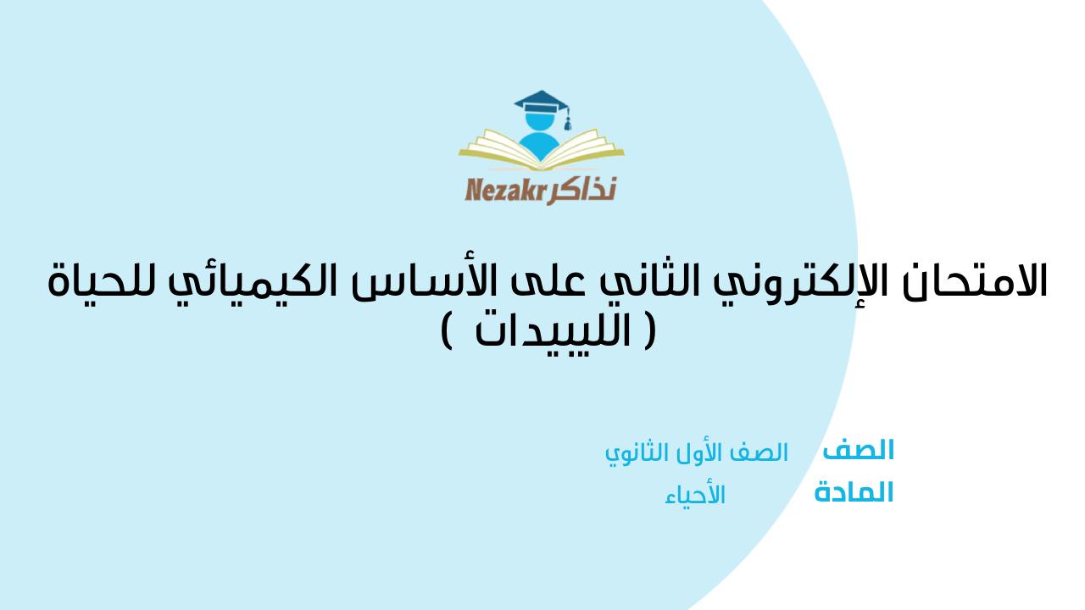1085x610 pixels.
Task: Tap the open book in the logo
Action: (x=541, y=153)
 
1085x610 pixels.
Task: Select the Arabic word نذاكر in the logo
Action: (x=581, y=188)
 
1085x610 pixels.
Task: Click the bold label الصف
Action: (x=858, y=450)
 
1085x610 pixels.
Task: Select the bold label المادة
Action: (x=854, y=492)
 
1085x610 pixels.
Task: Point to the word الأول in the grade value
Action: (x=703, y=453)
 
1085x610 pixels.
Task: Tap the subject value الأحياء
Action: (x=695, y=496)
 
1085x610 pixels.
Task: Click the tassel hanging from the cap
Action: (x=568, y=121)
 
